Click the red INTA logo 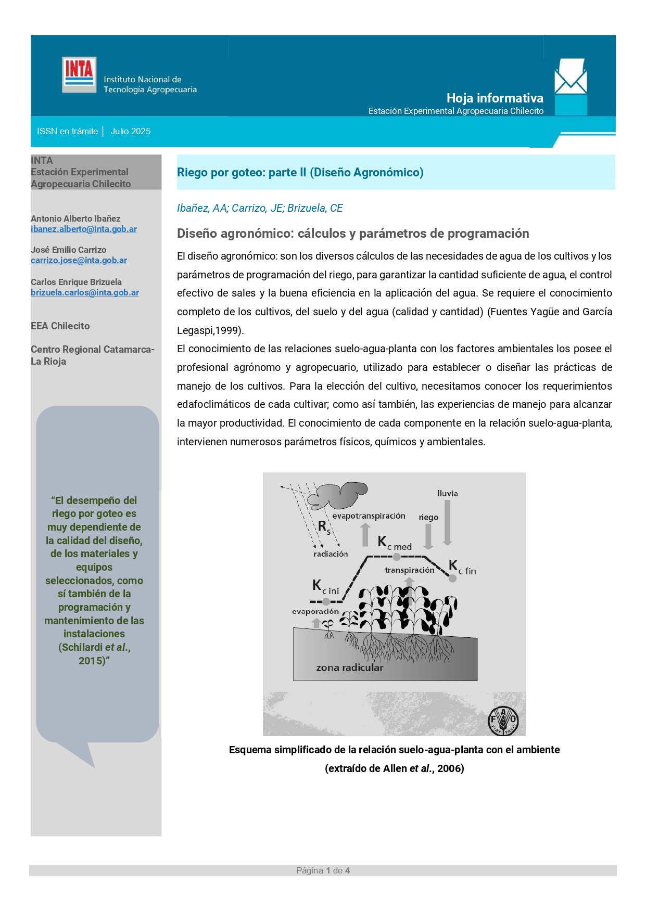79,74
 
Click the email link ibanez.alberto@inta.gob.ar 84,229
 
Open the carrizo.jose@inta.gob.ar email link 79,260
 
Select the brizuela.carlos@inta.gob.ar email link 85,292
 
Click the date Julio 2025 131,131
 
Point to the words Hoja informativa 495,98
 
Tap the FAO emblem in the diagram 503,721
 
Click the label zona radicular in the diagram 349,667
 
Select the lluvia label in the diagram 447,493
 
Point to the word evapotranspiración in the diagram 369,516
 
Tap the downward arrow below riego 428,536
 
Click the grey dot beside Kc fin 452,578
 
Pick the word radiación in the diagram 330,554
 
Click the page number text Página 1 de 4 323,870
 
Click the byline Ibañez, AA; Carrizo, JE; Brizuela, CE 260,208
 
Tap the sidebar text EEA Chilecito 60,326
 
